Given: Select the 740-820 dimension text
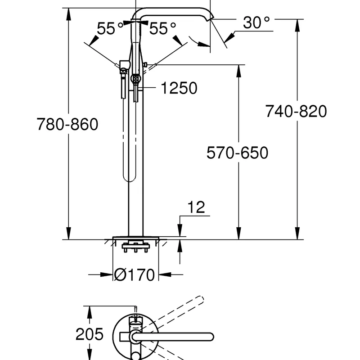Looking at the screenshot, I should (295, 110).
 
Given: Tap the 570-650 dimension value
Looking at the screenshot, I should (237, 153).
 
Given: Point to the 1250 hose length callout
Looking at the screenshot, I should (179, 88).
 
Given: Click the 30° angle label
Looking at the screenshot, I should (256, 22).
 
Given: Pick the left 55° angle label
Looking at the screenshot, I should (110, 29).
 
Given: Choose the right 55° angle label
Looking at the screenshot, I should (162, 29).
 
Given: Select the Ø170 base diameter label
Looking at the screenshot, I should (135, 274).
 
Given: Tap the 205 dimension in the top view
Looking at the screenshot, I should (90, 334).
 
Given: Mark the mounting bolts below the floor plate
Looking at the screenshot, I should (135, 247).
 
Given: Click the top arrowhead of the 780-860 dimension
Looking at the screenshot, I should (68, 12).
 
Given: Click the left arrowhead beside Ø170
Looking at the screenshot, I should (108, 274).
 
